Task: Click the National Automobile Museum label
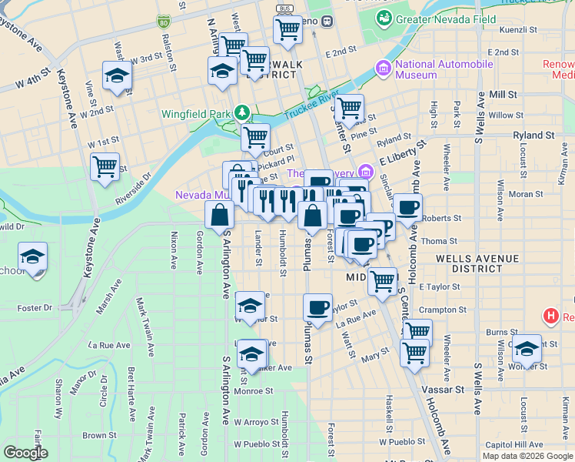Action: [444, 70]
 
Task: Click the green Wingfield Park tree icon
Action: [242, 114]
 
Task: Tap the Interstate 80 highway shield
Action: [165, 22]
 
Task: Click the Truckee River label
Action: [311, 107]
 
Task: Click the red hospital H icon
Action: [550, 316]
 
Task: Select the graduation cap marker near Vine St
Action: [117, 76]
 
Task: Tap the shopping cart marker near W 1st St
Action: [105, 166]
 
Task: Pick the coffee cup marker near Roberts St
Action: [407, 206]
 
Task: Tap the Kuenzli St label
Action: [517, 30]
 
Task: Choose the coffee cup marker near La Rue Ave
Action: [317, 308]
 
